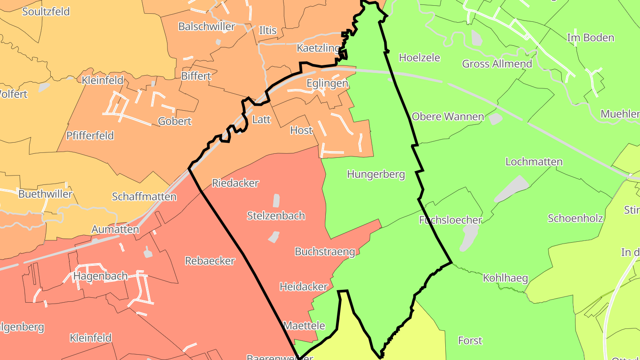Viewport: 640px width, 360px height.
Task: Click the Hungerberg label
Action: (x=376, y=174)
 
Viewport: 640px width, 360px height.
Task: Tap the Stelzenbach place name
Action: (x=276, y=216)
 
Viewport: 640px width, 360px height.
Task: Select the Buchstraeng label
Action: (x=325, y=252)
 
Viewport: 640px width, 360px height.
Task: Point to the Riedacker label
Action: (x=235, y=183)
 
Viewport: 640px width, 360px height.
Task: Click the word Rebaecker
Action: (x=210, y=261)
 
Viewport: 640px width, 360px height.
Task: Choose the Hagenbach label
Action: (x=100, y=276)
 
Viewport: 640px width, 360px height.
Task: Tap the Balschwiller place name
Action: (x=207, y=27)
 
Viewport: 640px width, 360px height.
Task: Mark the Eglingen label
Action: (x=327, y=84)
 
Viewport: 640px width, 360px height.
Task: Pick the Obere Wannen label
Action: (x=448, y=117)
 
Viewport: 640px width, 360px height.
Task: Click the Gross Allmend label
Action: (x=497, y=64)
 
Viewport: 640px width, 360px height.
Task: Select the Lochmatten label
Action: (x=534, y=162)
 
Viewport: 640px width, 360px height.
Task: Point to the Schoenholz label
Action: (x=575, y=218)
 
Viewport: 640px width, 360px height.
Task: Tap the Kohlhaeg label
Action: (x=505, y=279)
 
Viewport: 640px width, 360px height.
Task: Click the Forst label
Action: (x=470, y=340)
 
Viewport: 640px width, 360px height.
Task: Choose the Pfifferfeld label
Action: (x=90, y=136)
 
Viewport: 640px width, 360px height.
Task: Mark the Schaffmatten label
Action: (x=144, y=196)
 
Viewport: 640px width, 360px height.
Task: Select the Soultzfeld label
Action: (x=46, y=12)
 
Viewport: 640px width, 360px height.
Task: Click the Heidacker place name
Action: (x=304, y=287)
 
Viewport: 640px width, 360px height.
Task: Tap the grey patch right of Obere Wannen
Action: (x=496, y=119)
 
